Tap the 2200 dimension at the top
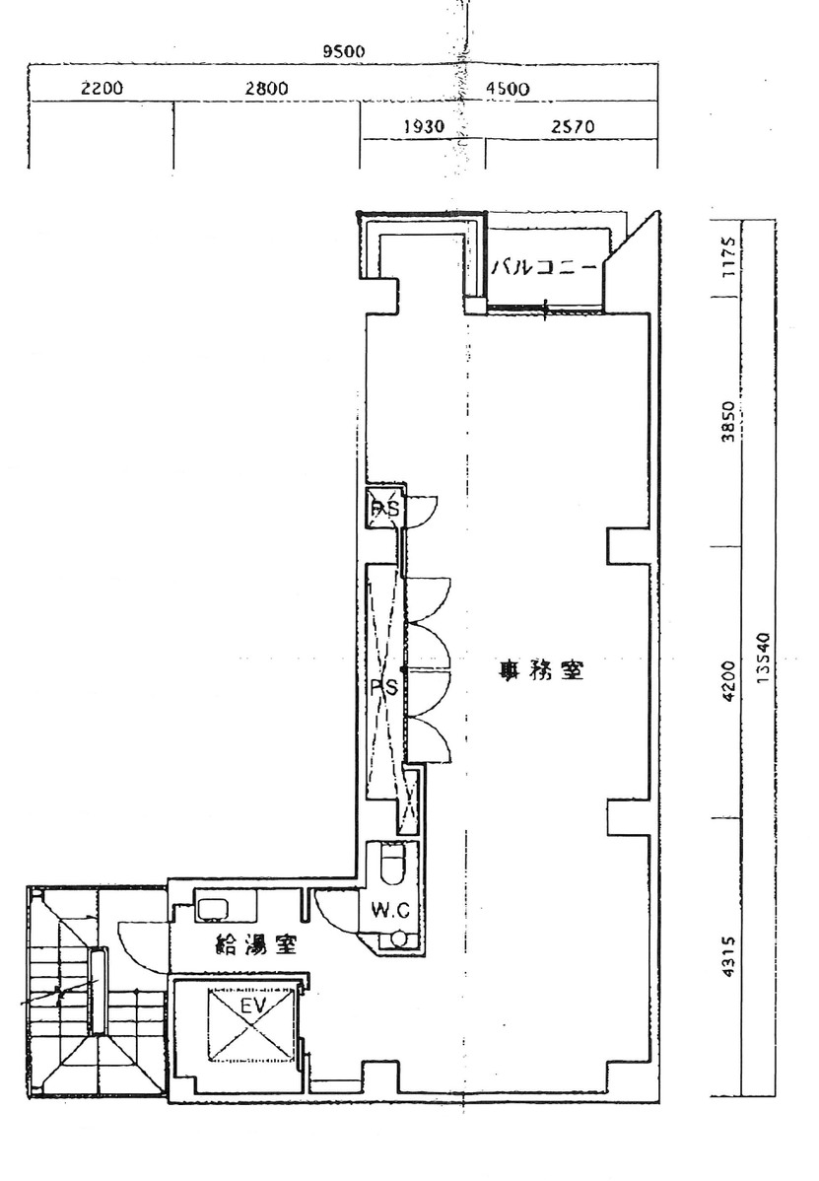tap(102, 89)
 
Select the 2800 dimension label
tap(266, 89)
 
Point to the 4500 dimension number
tap(509, 89)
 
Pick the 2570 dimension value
tap(572, 127)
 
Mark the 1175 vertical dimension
tap(728, 258)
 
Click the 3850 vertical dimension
tap(728, 424)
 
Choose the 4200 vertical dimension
tap(728, 680)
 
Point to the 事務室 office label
tap(541, 673)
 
